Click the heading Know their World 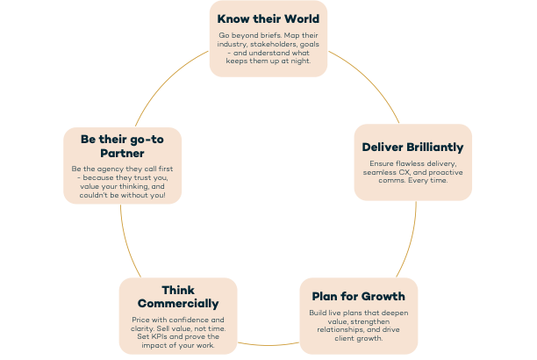pyautogui.click(x=268, y=18)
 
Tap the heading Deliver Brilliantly pyautogui.click(x=412, y=147)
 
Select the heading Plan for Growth pyautogui.click(x=359, y=296)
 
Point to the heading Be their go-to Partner pyautogui.click(x=122, y=146)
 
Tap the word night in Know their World pyautogui.click(x=298, y=61)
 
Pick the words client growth pyautogui.click(x=359, y=337)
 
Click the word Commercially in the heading pyautogui.click(x=178, y=304)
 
